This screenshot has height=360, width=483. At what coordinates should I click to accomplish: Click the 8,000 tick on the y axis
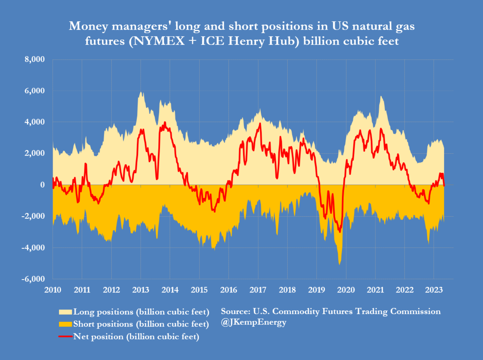coord(34,60)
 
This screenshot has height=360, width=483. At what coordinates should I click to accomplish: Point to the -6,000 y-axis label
coord(33,279)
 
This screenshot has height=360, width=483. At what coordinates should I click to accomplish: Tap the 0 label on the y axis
coord(42,185)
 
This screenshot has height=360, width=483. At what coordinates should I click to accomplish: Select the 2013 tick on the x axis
coord(141,290)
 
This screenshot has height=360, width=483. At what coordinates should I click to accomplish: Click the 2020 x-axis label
coord(346,290)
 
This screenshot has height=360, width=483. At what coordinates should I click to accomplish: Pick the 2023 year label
coord(434,290)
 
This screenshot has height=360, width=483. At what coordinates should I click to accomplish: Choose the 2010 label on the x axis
coord(53,290)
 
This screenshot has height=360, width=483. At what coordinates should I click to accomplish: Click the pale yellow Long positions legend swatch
coord(65,312)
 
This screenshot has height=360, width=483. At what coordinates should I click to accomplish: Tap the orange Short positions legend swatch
coord(65,324)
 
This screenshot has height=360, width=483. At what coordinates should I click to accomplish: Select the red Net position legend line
coord(65,336)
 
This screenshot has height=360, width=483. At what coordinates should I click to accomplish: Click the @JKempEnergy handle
coord(253,322)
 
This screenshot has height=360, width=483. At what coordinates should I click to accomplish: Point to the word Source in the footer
coord(235,311)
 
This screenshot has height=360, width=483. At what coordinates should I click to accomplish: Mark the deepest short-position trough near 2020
coord(339,264)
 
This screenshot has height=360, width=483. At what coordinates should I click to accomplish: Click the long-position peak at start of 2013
coord(141,92)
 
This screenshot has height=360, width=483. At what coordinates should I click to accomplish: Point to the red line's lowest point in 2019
coord(339,231)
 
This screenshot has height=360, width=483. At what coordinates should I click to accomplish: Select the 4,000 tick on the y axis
coord(34,122)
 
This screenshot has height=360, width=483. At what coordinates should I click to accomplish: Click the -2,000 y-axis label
coord(33,216)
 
